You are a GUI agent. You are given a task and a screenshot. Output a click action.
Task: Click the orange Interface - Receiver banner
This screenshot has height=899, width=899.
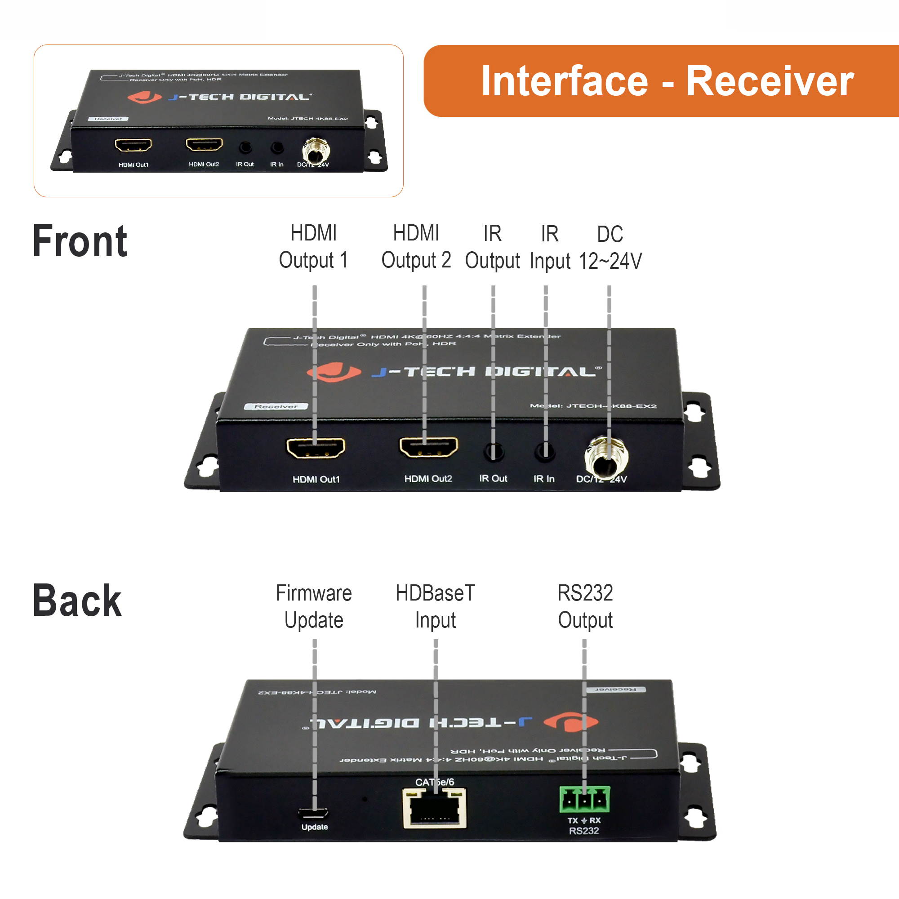coord(661,81)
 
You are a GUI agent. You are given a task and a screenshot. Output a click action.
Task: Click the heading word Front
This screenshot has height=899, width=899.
coord(80,241)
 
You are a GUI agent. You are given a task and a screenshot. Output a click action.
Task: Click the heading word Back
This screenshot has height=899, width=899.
coord(77,601)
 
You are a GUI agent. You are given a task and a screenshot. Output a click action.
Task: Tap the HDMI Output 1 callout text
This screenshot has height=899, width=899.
coord(313,247)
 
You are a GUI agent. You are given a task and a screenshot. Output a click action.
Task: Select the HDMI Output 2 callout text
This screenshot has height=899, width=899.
coord(416,247)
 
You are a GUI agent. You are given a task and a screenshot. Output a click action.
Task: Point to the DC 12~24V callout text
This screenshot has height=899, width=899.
coord(610,248)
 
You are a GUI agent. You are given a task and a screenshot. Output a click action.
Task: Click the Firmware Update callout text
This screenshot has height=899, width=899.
coord(314,607)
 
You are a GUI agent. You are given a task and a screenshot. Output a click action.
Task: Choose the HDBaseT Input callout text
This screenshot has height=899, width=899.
coord(435,607)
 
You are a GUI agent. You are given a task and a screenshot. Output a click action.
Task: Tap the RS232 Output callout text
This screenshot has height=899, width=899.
coord(585,607)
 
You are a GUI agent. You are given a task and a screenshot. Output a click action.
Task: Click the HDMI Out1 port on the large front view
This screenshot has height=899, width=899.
coord(316,448)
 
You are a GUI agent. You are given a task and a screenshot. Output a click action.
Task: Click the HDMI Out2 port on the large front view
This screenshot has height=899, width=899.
coord(428,447)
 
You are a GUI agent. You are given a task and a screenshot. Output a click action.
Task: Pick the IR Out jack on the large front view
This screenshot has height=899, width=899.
coord(493,451)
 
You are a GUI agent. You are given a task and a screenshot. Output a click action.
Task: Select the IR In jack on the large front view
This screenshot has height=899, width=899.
coord(544,451)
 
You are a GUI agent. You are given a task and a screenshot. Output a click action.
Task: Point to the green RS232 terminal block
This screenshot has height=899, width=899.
coord(584,799)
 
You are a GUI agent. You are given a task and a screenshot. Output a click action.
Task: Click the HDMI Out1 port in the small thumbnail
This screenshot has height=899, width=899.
coord(134,145)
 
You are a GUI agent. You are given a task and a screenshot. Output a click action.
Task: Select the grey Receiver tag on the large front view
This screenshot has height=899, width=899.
coord(276,406)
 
